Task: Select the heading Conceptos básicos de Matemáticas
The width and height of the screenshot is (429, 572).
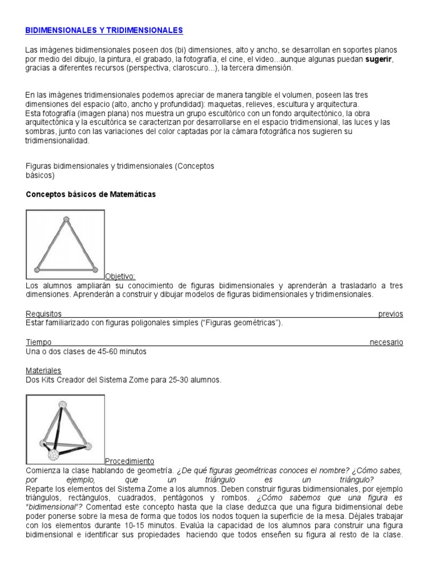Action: (x=91, y=194)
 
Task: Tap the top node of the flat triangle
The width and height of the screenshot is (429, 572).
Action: (x=66, y=219)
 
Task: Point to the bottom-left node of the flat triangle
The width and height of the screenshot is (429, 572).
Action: (x=37, y=269)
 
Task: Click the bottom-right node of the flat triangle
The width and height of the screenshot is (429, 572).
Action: (x=95, y=269)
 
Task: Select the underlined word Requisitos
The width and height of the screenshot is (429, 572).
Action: (x=44, y=314)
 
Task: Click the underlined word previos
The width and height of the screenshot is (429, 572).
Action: (x=390, y=314)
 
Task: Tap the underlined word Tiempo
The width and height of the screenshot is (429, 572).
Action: (x=39, y=342)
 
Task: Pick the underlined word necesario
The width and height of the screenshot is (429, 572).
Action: (x=386, y=342)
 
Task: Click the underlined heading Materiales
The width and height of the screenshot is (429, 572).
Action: (x=44, y=370)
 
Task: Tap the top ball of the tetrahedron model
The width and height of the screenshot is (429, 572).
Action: (x=63, y=404)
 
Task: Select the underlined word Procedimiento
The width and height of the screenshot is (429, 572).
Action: (x=129, y=461)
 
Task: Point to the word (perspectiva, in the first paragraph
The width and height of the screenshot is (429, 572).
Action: (x=149, y=68)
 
